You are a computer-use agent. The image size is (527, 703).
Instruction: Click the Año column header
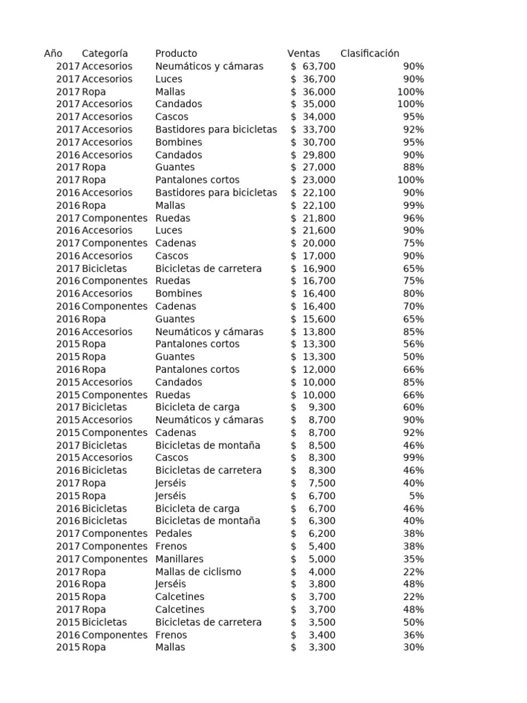coord(53,54)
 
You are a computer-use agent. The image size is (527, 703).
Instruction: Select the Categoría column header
coord(104,54)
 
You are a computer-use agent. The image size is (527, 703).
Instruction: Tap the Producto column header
coord(176,54)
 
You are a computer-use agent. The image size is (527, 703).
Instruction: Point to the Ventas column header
coord(303,54)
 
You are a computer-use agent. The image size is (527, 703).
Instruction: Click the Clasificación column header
coord(369,54)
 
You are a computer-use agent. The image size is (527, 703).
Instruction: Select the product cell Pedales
coord(174,533)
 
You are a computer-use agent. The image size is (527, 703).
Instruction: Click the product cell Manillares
coord(179,559)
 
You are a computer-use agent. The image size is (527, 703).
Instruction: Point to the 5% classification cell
coord(416,496)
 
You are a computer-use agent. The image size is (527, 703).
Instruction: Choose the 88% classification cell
coord(413,168)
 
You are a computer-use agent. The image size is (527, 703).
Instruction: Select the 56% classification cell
coord(413,344)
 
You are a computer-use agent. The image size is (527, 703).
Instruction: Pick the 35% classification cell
coord(413,559)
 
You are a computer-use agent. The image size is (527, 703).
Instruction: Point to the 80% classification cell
coord(413,294)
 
